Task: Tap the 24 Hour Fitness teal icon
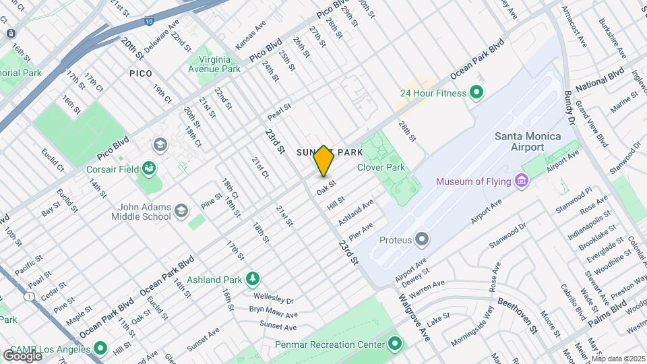(477, 92)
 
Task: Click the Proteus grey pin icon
(422, 239)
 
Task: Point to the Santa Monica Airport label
(528, 142)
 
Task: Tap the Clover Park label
(380, 167)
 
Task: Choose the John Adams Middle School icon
(181, 212)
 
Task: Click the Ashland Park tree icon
(252, 278)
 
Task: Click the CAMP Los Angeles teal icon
(100, 348)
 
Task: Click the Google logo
(22, 355)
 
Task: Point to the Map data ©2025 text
(618, 359)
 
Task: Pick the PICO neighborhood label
(141, 72)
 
